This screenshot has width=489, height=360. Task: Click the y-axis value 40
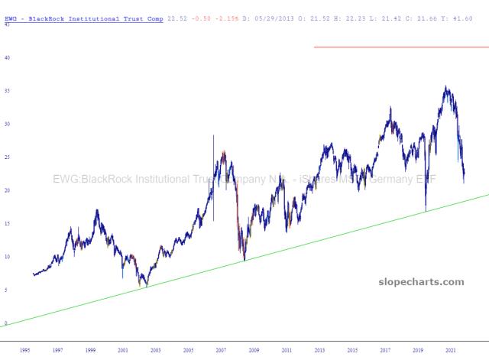(x=7, y=57)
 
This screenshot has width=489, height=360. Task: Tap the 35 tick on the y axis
(x=7, y=91)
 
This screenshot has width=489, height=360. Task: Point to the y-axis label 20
(x=7, y=190)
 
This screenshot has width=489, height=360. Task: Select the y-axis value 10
(x=7, y=257)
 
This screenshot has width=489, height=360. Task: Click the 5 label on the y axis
(x=6, y=290)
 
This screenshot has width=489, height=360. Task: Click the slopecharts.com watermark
(x=421, y=282)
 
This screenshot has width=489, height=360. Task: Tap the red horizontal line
(x=401, y=47)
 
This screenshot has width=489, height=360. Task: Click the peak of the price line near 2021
(x=446, y=87)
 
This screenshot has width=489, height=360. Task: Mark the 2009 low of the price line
(x=244, y=261)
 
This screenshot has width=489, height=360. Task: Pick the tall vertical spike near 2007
(x=213, y=176)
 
